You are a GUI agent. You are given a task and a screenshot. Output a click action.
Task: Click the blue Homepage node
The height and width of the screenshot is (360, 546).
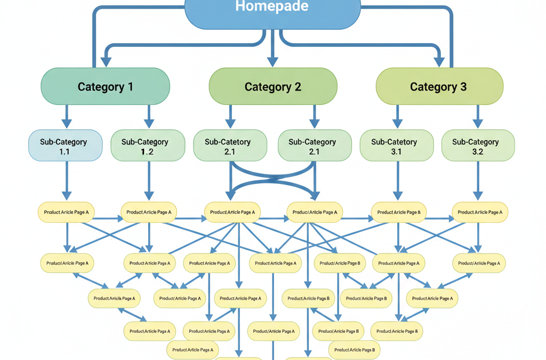[272, 12]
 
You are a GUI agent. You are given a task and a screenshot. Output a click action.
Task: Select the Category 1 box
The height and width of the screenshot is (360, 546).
[106, 86]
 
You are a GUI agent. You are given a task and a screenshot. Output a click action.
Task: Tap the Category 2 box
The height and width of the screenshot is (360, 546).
[273, 86]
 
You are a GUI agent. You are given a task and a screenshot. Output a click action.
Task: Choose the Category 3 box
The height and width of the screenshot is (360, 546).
[439, 86]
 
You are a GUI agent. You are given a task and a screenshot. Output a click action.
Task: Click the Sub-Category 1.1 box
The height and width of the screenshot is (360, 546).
[65, 146]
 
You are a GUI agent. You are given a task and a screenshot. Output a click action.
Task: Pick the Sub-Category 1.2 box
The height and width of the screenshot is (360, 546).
[148, 146]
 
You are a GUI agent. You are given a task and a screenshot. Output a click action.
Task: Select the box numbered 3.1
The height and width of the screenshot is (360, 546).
[397, 146]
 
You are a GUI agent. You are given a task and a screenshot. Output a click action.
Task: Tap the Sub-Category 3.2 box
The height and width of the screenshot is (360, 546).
[478, 146]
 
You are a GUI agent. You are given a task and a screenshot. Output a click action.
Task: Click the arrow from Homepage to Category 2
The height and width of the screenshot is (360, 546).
[273, 51]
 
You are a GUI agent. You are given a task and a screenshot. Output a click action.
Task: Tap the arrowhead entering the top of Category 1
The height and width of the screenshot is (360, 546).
[106, 61]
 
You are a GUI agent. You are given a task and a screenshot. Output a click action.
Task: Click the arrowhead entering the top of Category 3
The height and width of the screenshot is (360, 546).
[439, 61]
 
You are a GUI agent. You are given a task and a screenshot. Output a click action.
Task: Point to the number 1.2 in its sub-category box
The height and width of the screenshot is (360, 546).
[147, 152]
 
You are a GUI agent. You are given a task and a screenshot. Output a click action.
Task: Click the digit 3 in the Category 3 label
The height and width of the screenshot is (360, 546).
[463, 87]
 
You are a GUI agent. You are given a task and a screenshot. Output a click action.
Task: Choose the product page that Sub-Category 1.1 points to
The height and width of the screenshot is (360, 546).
[66, 212]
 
